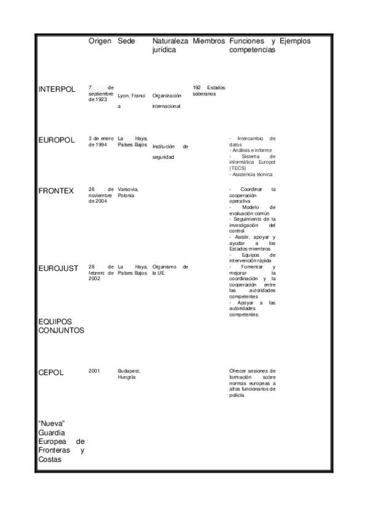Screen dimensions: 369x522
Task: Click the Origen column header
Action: click(x=100, y=41)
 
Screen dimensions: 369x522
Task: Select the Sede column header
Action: click(x=126, y=41)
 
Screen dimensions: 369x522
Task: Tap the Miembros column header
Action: click(x=209, y=41)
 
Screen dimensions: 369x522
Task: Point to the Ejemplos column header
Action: click(x=295, y=41)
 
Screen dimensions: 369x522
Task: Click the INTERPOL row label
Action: click(x=57, y=89)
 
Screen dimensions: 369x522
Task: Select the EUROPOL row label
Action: click(x=56, y=140)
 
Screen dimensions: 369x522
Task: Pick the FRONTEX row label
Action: click(x=56, y=191)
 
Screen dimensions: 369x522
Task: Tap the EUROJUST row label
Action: click(x=58, y=268)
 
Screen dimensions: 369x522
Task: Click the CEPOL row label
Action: click(x=51, y=372)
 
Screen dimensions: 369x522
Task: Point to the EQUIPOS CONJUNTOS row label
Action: click(x=61, y=326)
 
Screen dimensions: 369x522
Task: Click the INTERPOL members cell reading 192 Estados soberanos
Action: click(x=209, y=90)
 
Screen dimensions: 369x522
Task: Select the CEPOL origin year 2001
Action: click(x=94, y=371)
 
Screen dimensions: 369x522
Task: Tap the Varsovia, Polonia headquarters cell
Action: click(x=128, y=192)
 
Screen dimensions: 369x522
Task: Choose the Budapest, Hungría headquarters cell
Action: click(x=129, y=374)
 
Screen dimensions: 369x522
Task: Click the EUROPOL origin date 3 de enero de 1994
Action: click(x=102, y=142)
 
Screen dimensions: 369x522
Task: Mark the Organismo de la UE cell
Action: click(x=170, y=270)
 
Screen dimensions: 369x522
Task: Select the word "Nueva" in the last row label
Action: click(x=52, y=424)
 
